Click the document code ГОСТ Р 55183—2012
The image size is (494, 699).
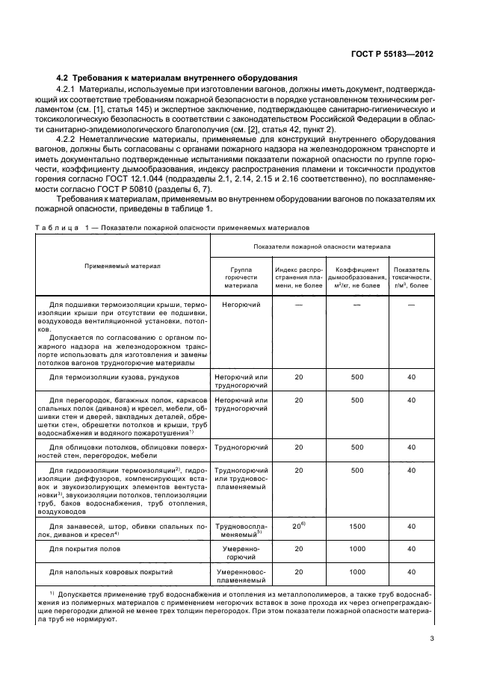(x=395, y=55)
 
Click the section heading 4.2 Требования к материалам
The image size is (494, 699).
(x=178, y=78)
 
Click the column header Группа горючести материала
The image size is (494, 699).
(x=241, y=275)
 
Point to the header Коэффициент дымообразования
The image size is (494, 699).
(x=358, y=275)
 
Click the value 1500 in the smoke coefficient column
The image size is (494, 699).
(x=357, y=526)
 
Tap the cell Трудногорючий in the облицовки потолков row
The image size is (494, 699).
(x=241, y=447)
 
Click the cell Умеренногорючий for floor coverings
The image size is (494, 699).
(x=241, y=553)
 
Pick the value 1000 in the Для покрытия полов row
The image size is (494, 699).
(x=357, y=548)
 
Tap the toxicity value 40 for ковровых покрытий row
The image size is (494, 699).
(x=411, y=572)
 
